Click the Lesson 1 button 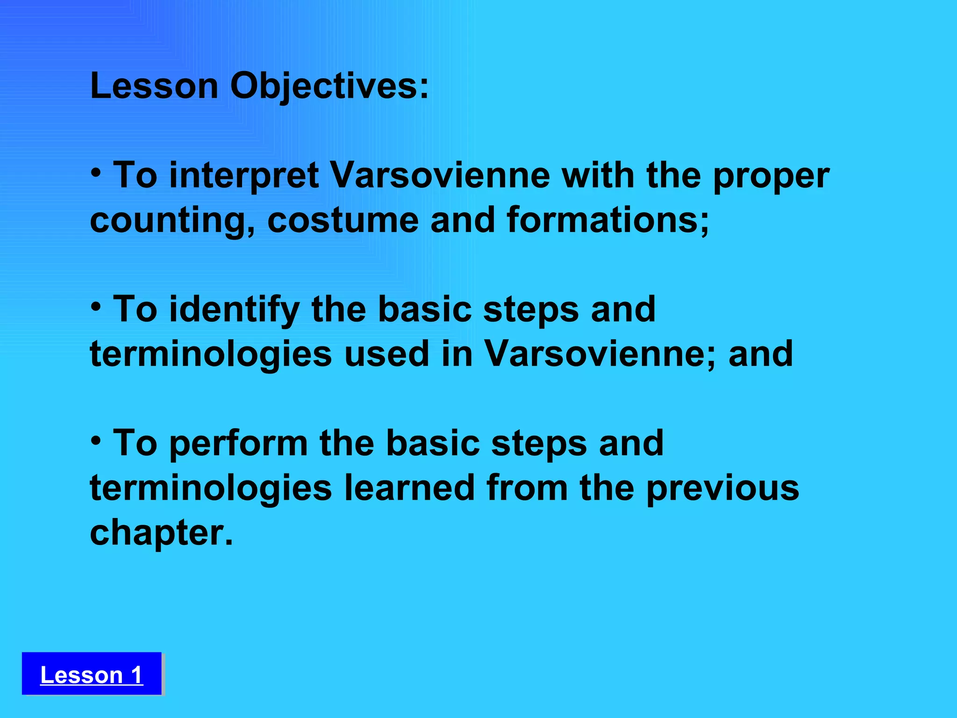[92, 674]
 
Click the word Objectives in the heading [329, 86]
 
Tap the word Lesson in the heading [154, 86]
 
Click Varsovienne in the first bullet [440, 175]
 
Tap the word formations [607, 220]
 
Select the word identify [234, 310]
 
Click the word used [386, 354]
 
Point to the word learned [409, 488]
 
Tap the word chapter [160, 533]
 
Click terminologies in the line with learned [211, 488]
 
